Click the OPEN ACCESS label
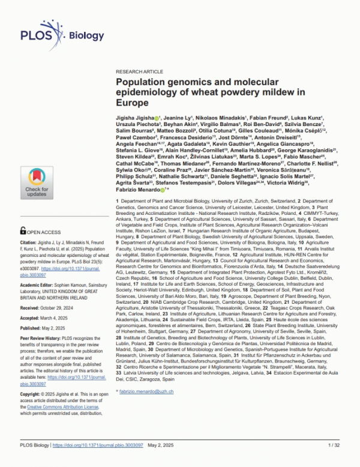point(40,230)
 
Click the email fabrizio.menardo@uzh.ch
point(147,391)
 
